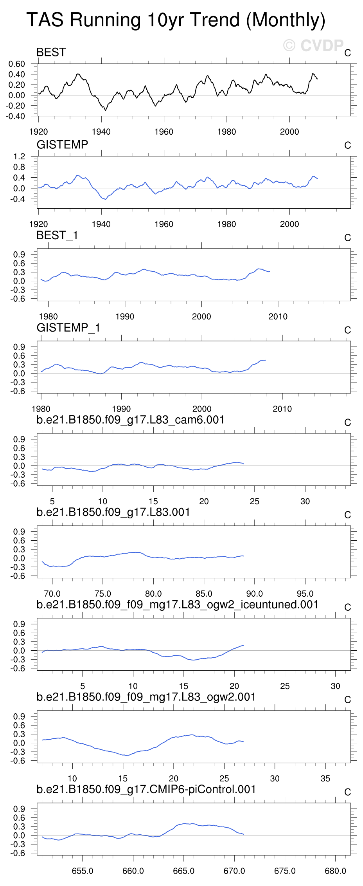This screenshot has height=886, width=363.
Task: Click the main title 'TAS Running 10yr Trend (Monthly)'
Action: (x=176, y=20)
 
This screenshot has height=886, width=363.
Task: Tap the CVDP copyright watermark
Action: (x=313, y=46)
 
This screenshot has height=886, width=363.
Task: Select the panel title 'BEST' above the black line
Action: (x=51, y=52)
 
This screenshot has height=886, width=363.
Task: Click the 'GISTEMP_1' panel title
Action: (x=68, y=328)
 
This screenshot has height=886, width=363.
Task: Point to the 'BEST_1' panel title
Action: (x=57, y=235)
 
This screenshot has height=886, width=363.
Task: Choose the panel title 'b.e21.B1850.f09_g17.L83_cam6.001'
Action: (x=130, y=420)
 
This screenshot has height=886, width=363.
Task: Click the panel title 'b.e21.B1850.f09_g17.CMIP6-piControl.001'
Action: (x=146, y=790)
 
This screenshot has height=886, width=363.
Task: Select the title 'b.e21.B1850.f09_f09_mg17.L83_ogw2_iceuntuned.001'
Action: (x=177, y=605)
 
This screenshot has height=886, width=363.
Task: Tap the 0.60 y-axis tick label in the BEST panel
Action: (x=17, y=64)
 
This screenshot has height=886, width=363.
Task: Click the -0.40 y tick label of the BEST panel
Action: (x=16, y=116)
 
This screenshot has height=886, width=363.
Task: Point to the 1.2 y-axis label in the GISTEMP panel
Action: (x=19, y=157)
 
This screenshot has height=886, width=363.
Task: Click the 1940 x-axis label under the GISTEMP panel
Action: (x=101, y=224)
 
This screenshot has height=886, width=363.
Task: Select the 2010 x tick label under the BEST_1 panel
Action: (x=278, y=317)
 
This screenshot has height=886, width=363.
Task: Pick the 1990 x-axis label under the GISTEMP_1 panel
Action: (x=121, y=409)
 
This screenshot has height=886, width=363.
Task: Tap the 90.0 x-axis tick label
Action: (x=254, y=594)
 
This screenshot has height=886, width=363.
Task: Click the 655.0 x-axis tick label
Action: (x=83, y=871)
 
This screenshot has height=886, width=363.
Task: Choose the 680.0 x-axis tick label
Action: (x=335, y=871)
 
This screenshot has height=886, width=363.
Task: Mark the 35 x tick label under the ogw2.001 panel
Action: (x=325, y=779)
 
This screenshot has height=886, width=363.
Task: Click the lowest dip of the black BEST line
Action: (x=105, y=110)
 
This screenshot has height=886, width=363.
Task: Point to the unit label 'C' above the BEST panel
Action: (x=347, y=53)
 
